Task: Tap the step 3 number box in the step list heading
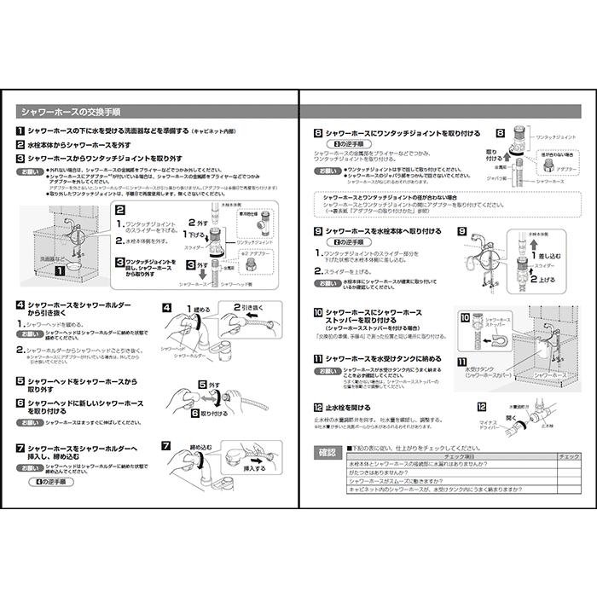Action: [20, 159]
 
